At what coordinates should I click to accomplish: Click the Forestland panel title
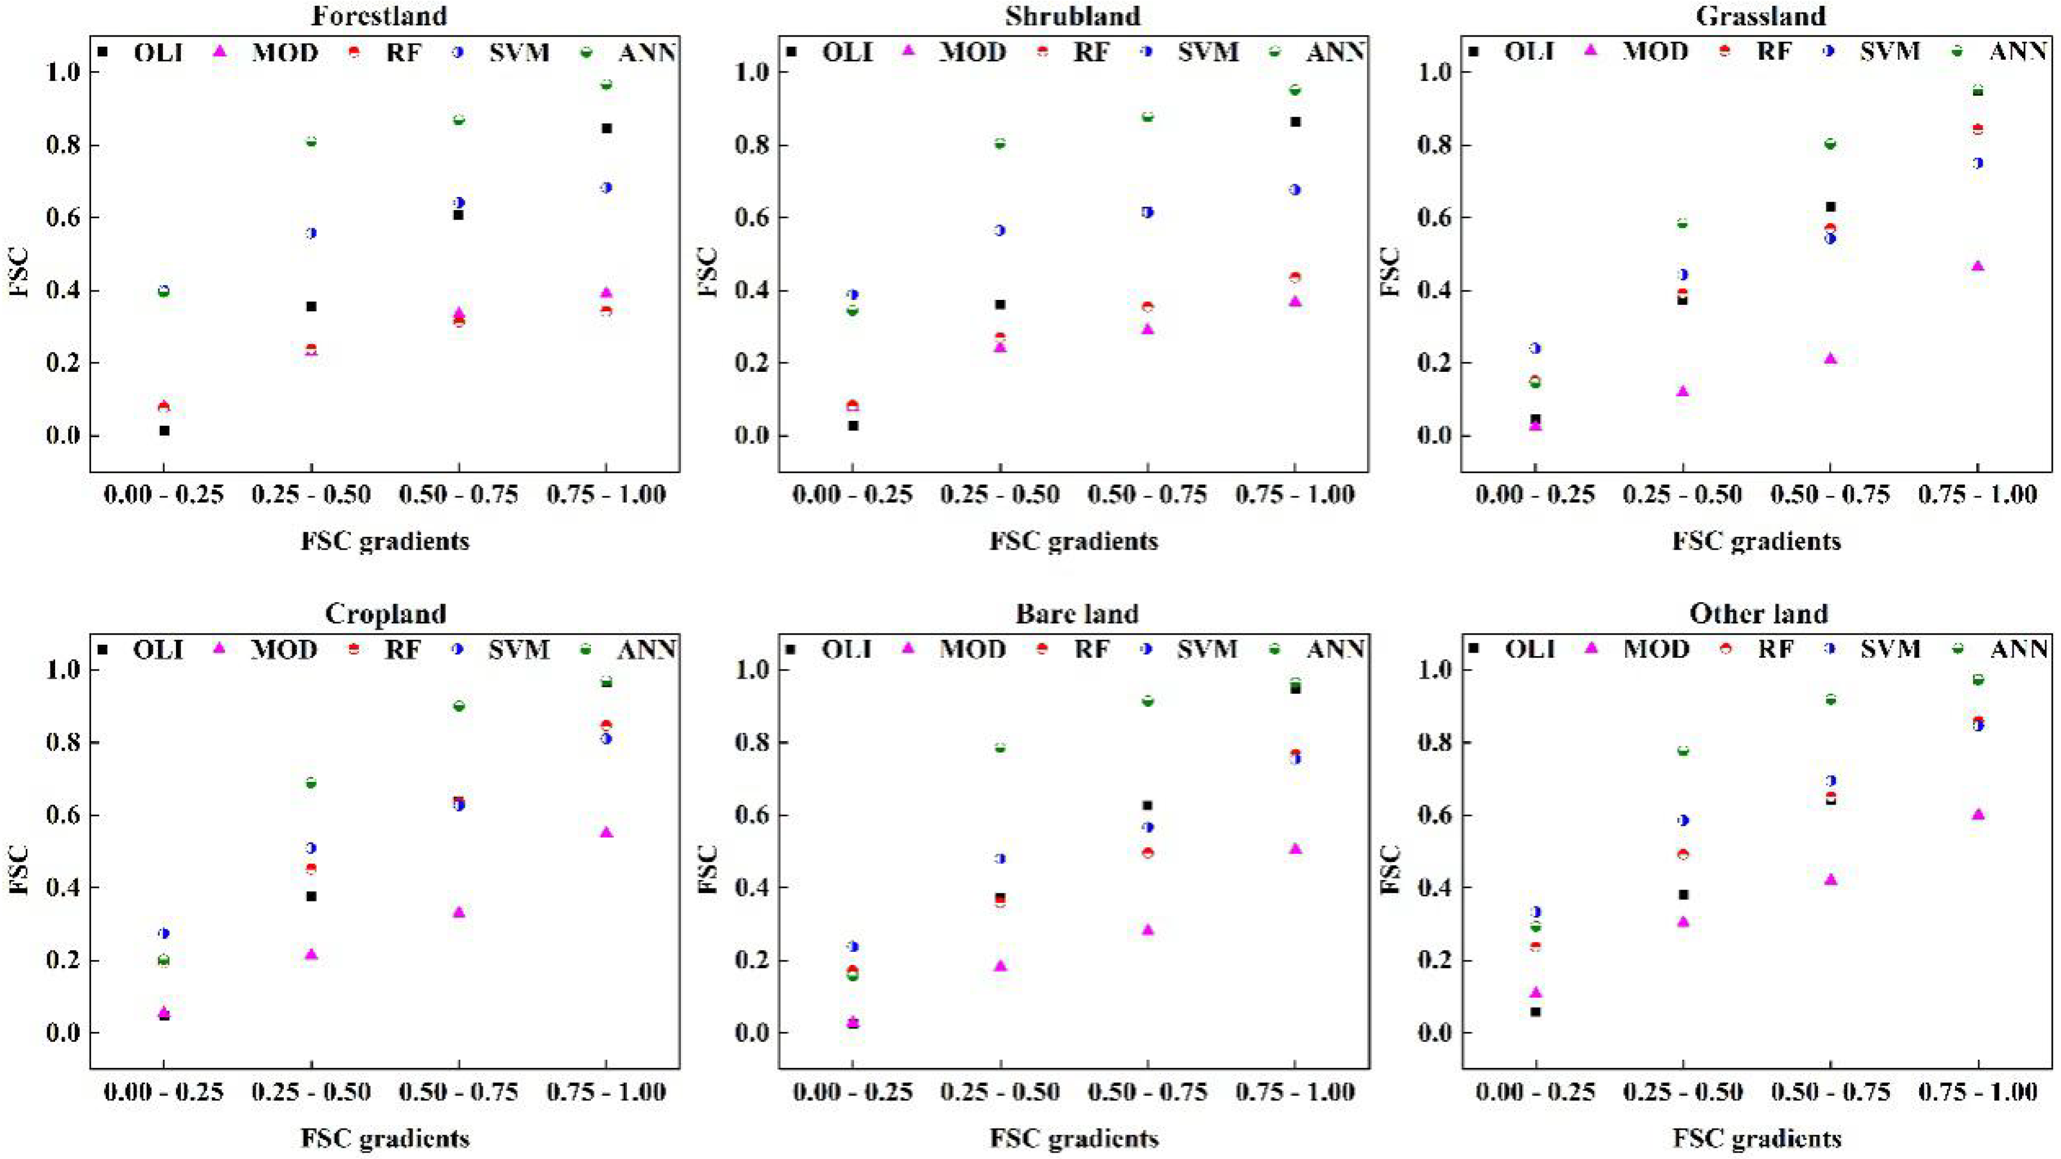pyautogui.click(x=385, y=15)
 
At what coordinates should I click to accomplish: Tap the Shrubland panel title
pyautogui.click(x=1073, y=15)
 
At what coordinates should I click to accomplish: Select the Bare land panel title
pyautogui.click(x=1077, y=614)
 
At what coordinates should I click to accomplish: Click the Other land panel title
pyautogui.click(x=1759, y=614)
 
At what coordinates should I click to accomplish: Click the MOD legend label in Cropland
pyautogui.click(x=285, y=649)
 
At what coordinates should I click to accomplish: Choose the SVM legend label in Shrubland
pyautogui.click(x=1208, y=52)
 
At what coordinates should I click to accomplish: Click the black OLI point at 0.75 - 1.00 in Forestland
pyautogui.click(x=607, y=128)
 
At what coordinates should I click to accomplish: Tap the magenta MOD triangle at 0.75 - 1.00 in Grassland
pyautogui.click(x=1978, y=266)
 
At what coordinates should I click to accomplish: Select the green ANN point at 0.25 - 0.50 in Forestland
pyautogui.click(x=311, y=141)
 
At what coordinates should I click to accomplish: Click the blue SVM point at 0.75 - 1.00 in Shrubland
pyautogui.click(x=1295, y=190)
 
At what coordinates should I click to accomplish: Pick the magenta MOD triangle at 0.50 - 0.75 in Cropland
pyautogui.click(x=459, y=912)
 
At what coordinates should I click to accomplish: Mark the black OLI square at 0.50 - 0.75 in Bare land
pyautogui.click(x=1147, y=805)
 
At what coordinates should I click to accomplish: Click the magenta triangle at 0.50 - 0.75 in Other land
pyautogui.click(x=1830, y=879)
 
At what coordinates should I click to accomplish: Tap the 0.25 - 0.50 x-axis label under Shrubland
pyautogui.click(x=999, y=494)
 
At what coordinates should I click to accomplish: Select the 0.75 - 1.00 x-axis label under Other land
pyautogui.click(x=1978, y=1092)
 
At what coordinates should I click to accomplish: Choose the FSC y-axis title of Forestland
pyautogui.click(x=19, y=273)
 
